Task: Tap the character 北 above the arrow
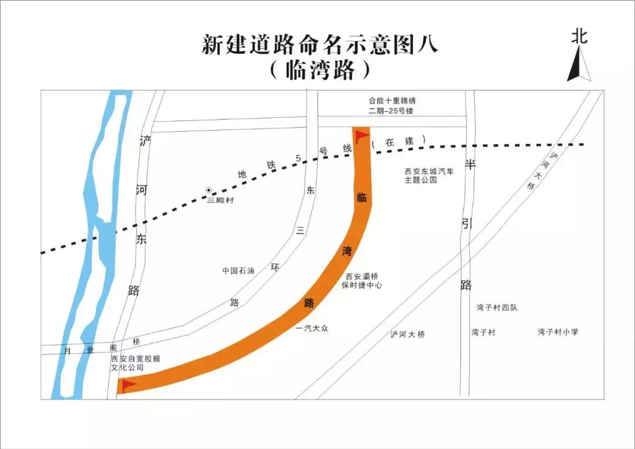pos(579,36)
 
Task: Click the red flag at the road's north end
pos(361,137)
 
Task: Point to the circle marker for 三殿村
pos(209,190)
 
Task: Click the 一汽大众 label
pos(311,328)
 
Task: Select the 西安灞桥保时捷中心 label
pos(362,281)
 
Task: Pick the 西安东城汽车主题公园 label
pos(429,176)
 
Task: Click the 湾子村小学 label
pos(557,332)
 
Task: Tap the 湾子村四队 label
pos(497,308)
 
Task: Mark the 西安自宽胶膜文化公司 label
pos(131,362)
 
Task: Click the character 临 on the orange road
pos(362,197)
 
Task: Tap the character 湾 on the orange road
pos(347,251)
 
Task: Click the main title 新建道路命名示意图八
pos(320,45)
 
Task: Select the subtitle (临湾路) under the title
pos(320,71)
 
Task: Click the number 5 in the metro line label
pos(298,158)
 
